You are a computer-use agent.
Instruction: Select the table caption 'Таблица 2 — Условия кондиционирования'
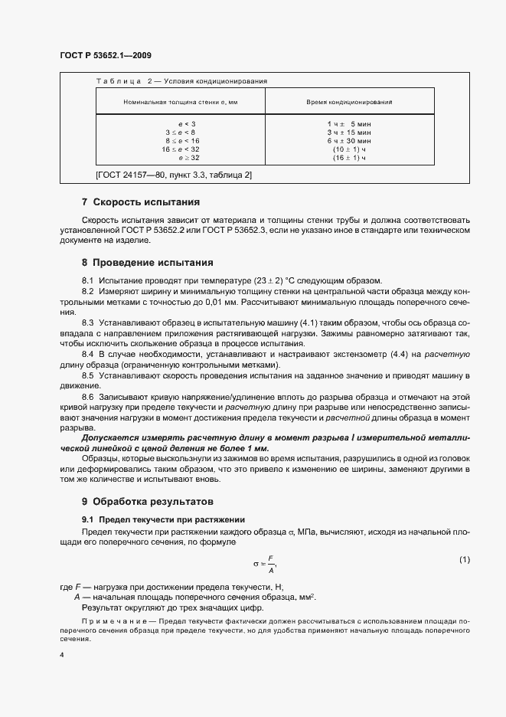point(180,80)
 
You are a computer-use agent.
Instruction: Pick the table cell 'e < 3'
point(186,124)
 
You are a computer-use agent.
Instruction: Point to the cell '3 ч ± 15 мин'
point(349,133)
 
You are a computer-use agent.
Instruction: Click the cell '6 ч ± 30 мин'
point(349,141)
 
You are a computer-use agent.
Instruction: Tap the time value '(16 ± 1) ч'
point(349,158)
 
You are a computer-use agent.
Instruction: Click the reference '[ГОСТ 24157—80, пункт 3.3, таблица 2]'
point(174,176)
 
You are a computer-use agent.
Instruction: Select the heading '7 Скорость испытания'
point(140,203)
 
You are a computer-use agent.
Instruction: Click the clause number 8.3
point(87,322)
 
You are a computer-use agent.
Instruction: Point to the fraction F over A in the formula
point(271,564)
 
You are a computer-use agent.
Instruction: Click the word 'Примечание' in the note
point(109,620)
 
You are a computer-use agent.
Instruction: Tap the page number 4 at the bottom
point(62,656)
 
